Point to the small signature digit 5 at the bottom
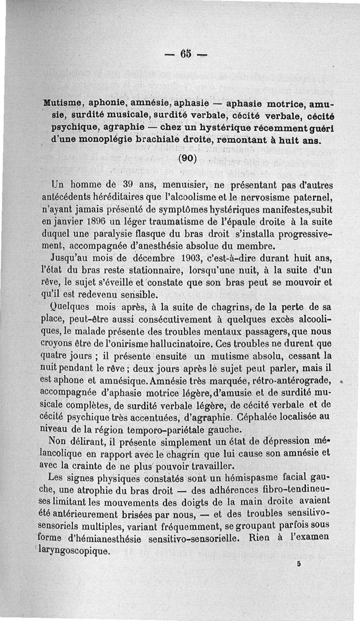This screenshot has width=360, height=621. pyautogui.click(x=298, y=567)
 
